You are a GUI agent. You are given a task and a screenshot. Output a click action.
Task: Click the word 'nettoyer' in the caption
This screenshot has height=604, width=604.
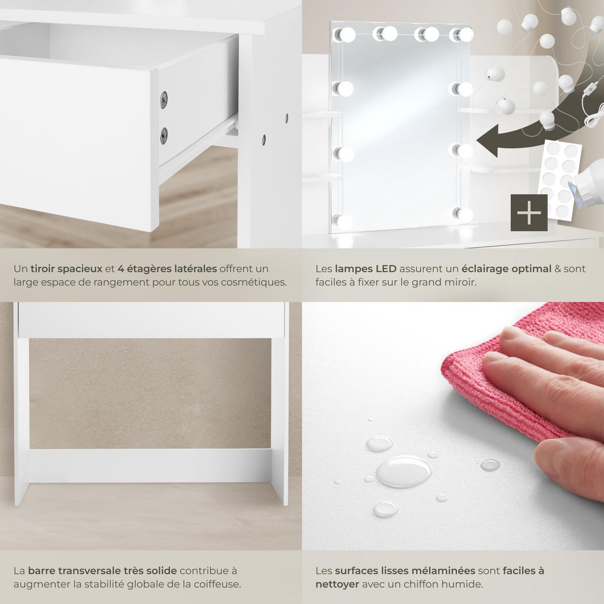click(x=337, y=584)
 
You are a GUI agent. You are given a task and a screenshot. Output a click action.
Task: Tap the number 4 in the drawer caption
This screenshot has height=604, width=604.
click(x=120, y=268)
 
